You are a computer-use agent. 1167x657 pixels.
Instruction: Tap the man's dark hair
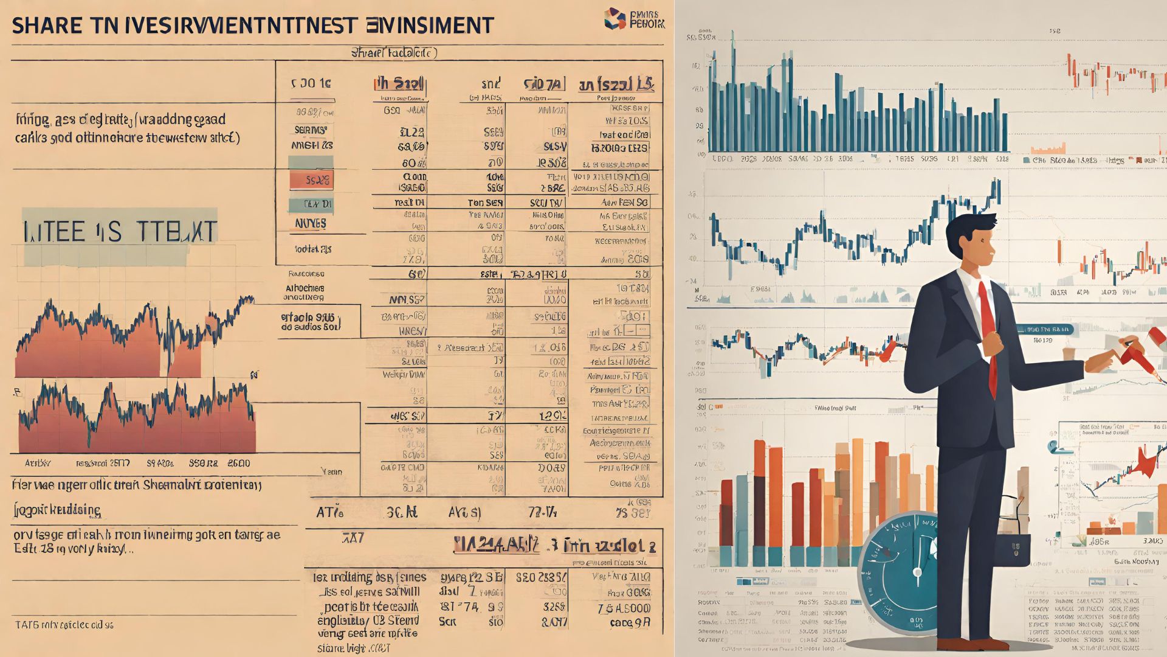(971, 228)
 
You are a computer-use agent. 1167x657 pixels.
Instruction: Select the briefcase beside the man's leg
(1012, 547)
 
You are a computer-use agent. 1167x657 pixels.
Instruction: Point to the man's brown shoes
(966, 644)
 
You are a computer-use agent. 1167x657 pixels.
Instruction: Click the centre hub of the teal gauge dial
(917, 572)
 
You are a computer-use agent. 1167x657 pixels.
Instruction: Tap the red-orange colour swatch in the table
(311, 180)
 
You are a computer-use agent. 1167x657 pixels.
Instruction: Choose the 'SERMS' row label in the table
(311, 130)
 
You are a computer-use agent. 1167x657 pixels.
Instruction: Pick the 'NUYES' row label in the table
(311, 223)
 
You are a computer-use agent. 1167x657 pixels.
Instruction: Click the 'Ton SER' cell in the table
(485, 203)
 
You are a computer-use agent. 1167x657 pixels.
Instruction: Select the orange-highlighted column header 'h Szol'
(399, 84)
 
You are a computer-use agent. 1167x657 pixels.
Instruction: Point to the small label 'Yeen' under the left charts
(331, 471)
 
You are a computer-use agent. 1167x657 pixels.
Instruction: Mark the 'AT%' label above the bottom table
(330, 513)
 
